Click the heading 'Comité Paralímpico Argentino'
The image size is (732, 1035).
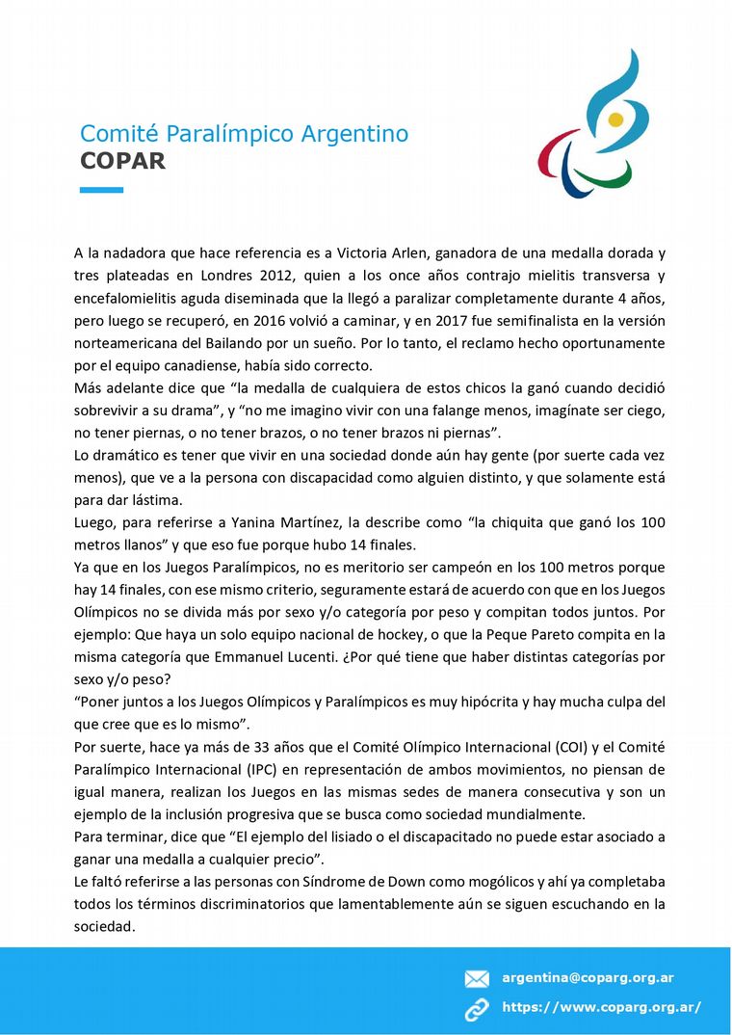244,134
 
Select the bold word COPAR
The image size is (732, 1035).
122,161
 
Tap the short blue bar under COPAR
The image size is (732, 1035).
101,190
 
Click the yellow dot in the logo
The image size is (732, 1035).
615,120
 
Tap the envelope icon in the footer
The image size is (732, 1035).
477,979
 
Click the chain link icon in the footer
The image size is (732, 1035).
477,1009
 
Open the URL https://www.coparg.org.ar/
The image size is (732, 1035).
601,1008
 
